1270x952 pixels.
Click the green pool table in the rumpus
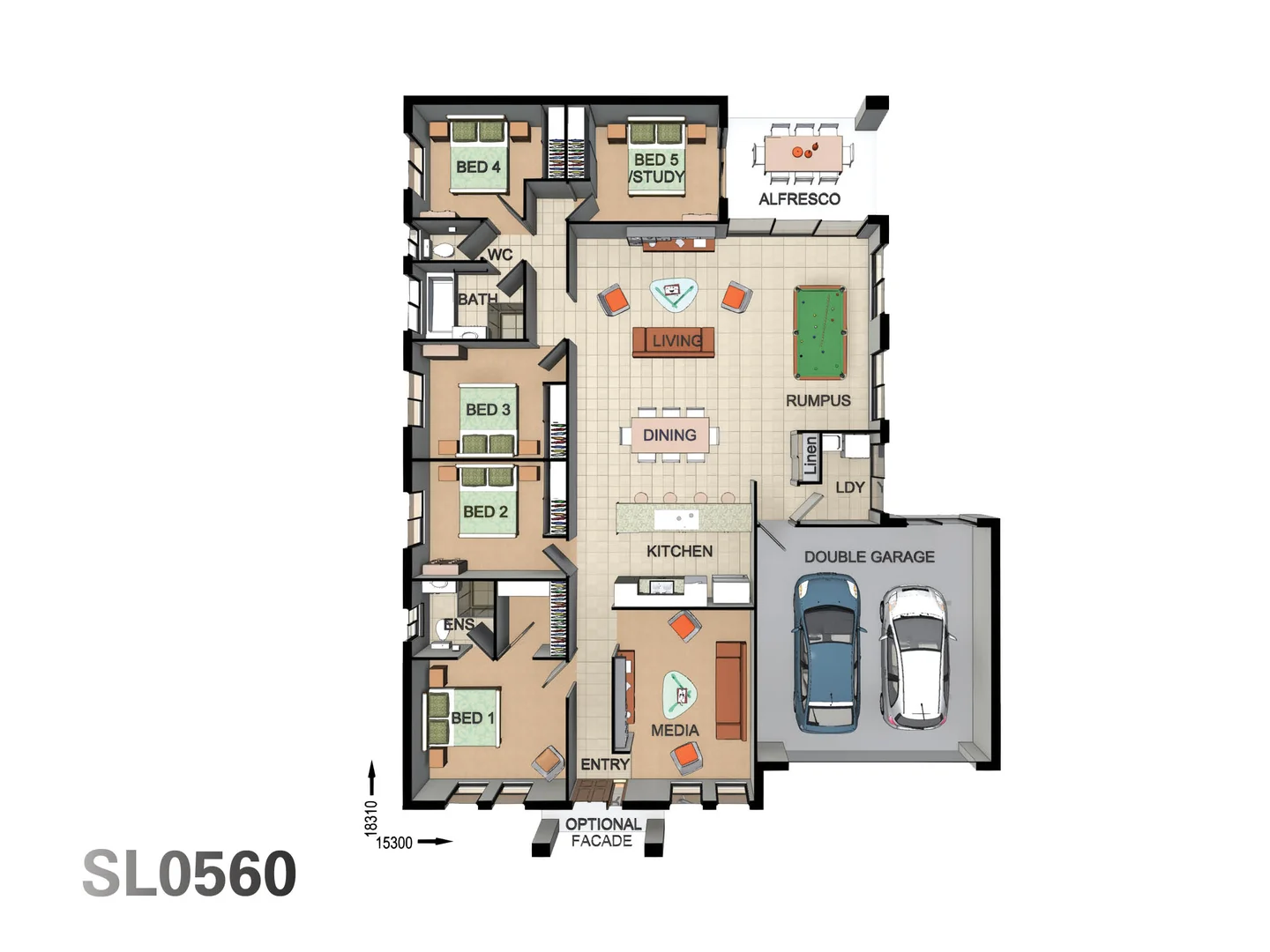(819, 331)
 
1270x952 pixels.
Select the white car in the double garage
(915, 657)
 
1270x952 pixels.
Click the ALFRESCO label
(799, 199)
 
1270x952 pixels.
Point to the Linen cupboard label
(811, 457)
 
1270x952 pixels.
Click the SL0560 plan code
(190, 874)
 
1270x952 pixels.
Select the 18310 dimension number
(371, 817)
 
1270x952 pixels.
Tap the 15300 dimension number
(394, 843)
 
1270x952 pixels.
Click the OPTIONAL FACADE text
(602, 832)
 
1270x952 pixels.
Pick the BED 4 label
(478, 167)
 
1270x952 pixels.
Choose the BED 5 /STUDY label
(657, 168)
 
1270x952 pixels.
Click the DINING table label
(669, 435)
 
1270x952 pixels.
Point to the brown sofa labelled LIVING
(673, 341)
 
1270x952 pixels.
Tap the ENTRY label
(605, 764)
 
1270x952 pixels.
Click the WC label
(499, 255)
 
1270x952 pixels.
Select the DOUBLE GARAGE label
(869, 557)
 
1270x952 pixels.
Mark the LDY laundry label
(850, 487)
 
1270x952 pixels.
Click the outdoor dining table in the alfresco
(803, 153)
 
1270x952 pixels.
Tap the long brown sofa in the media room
(730, 690)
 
